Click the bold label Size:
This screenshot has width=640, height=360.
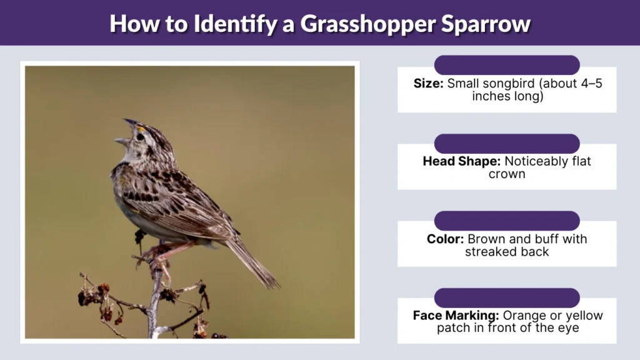coord(429,84)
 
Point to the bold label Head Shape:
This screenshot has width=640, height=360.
coord(462,161)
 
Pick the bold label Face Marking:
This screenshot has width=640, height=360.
coord(456,316)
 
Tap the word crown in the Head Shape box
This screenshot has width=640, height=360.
coord(507,174)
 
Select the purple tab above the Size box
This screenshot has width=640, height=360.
coord(507,65)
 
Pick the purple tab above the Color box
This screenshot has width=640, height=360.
coord(507,221)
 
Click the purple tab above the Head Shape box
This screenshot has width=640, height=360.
coord(507,143)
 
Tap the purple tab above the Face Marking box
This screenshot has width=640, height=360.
coord(507,297)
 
